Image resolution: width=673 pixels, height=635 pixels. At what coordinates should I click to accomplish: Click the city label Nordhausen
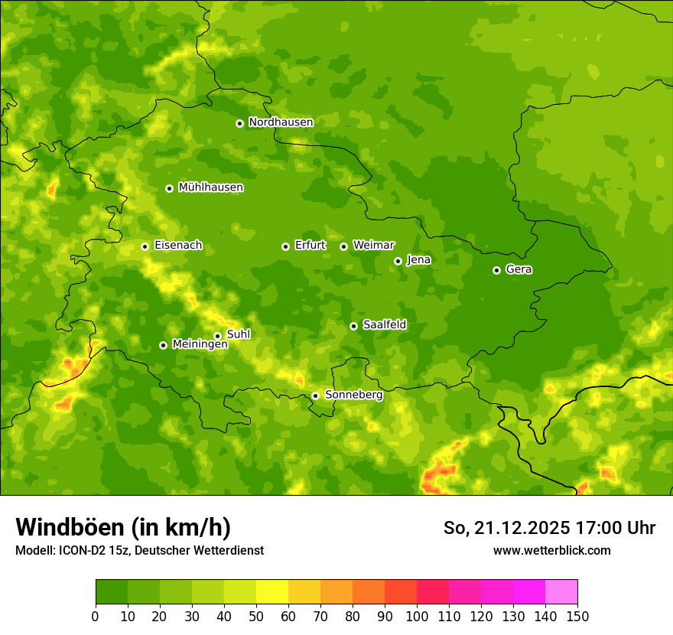(281, 122)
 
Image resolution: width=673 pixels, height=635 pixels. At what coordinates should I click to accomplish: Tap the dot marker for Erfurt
(285, 246)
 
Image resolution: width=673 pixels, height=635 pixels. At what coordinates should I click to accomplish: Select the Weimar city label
(373, 246)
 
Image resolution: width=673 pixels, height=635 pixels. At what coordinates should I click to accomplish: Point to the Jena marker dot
(398, 261)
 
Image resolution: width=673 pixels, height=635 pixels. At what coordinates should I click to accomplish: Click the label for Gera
(519, 269)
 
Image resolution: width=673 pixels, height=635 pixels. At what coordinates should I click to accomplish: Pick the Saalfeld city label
(384, 325)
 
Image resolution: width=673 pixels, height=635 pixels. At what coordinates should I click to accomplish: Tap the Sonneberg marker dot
(315, 396)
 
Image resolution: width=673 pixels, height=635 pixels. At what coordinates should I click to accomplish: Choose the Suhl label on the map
(238, 334)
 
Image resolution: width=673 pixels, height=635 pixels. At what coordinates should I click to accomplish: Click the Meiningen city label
(200, 344)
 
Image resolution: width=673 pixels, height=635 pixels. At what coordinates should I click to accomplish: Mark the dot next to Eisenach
(145, 246)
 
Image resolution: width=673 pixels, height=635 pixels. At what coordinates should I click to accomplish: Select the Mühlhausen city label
(210, 187)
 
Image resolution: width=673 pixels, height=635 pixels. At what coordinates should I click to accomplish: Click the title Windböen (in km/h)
(123, 527)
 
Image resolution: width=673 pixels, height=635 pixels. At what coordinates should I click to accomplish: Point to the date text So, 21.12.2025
(506, 528)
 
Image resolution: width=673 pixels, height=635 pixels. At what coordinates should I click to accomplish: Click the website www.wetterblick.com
(551, 550)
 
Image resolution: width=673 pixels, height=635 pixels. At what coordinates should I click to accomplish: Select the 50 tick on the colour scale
(256, 616)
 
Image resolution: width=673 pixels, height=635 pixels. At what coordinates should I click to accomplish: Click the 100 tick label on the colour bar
(417, 616)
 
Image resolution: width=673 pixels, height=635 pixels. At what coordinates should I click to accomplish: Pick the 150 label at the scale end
(577, 616)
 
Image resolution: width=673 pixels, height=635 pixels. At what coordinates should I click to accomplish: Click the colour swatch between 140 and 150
(561, 592)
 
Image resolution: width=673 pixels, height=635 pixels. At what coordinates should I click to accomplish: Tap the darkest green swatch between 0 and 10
(112, 592)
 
